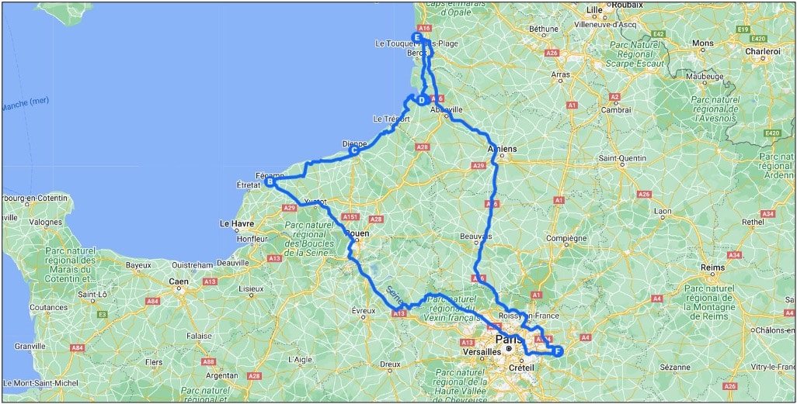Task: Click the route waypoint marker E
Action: (417, 36)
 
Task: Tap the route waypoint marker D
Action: (420, 100)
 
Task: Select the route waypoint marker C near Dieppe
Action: (353, 150)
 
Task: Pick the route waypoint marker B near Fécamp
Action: (270, 182)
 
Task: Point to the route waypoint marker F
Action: (557, 351)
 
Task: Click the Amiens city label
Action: (501, 149)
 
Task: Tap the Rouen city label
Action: (357, 232)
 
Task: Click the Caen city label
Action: (179, 281)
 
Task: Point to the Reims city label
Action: (712, 268)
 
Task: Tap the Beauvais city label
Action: (476, 236)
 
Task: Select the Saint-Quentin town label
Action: (622, 159)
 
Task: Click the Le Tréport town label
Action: (390, 119)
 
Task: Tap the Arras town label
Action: (561, 75)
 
